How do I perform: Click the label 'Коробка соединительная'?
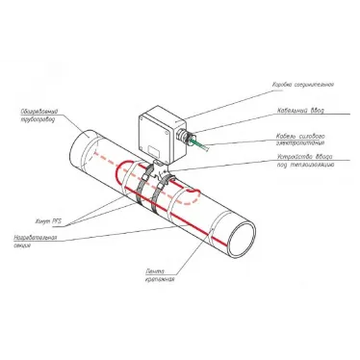click(x=319, y=82)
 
